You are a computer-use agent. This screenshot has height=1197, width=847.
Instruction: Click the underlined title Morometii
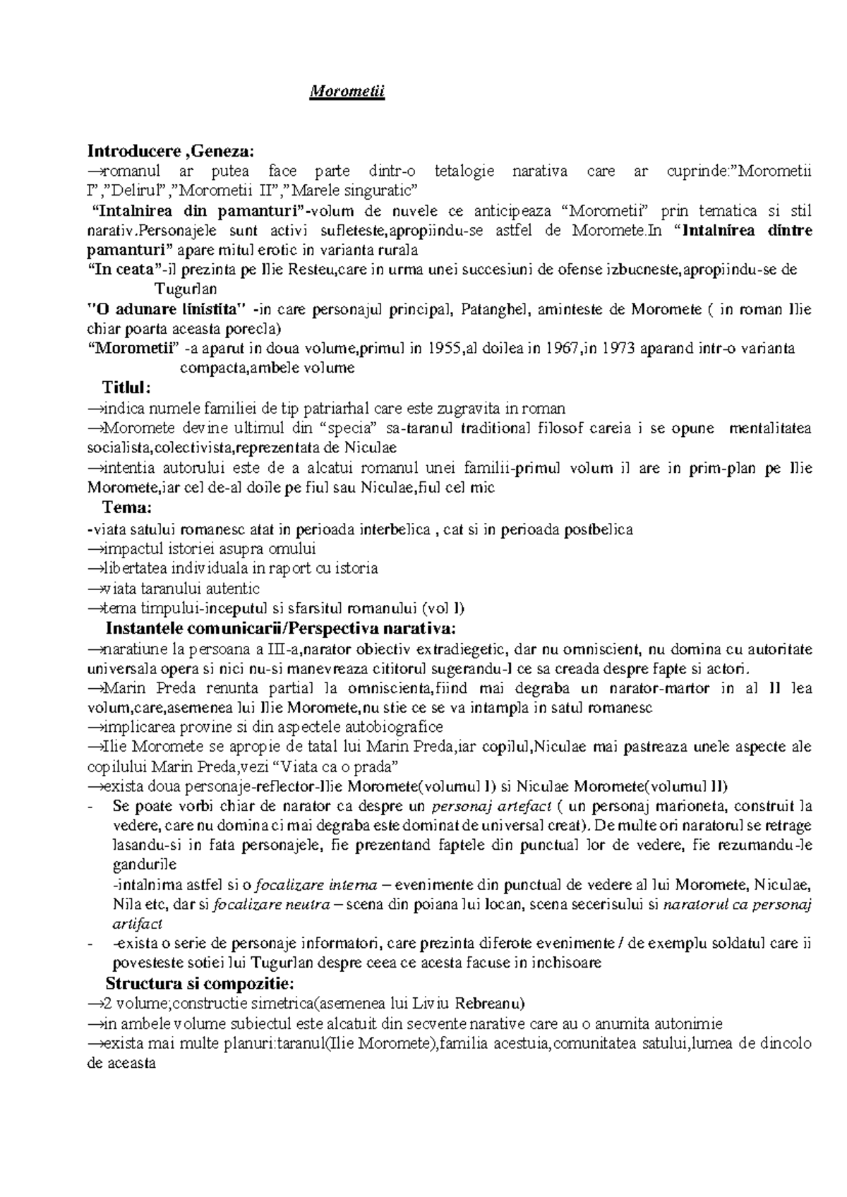(348, 93)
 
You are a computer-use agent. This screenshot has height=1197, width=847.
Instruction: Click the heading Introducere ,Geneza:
(169, 151)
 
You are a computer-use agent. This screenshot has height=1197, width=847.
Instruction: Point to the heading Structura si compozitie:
(200, 984)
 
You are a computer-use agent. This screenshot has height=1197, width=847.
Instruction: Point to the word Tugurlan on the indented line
(186, 289)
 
